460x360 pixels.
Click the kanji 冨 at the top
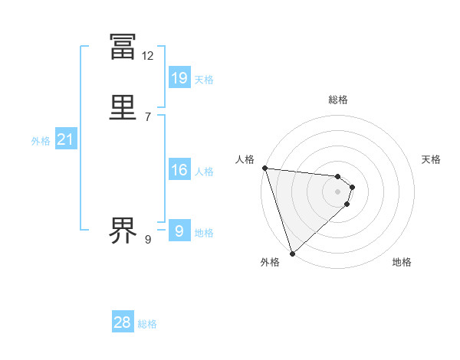[x=123, y=47]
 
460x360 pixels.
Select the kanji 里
[x=123, y=106]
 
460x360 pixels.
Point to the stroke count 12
[x=148, y=56]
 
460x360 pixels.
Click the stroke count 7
[x=148, y=116]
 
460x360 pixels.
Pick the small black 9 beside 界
[x=148, y=240]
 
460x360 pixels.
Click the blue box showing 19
[x=179, y=77]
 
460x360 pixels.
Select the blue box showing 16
[x=179, y=170]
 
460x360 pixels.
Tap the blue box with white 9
[x=179, y=231]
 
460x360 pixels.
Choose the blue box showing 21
[x=66, y=139]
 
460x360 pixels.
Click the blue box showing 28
[x=123, y=322]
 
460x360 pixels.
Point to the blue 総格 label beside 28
[x=147, y=324]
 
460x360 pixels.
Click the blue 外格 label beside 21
[x=41, y=141]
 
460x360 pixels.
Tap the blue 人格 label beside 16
[x=205, y=172]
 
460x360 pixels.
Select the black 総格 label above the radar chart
[x=338, y=100]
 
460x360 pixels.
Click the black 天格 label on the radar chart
[x=432, y=159]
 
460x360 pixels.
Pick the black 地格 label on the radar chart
[x=402, y=262]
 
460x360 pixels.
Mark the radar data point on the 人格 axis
[x=264, y=168]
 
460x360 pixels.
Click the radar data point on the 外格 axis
[x=292, y=253]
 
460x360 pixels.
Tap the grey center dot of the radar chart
[x=337, y=191]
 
